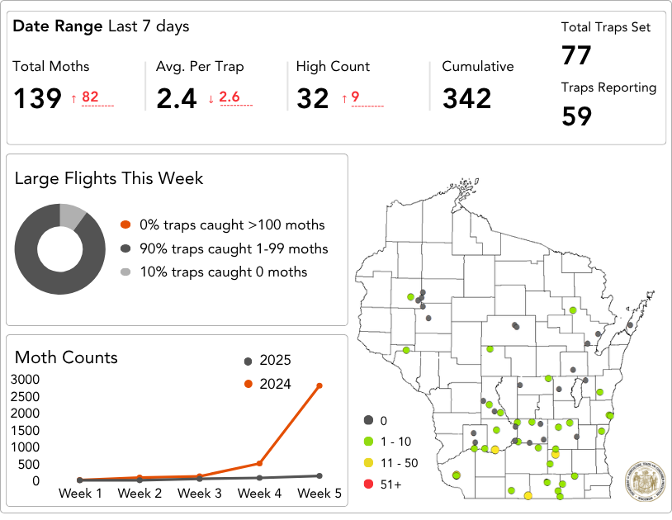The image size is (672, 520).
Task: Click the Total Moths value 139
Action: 37,99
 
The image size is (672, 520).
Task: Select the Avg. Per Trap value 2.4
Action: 177,99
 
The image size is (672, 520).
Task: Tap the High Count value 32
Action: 313,99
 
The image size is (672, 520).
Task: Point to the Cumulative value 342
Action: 466,99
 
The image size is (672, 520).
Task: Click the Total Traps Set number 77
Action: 577,56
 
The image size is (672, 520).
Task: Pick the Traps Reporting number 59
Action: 577,116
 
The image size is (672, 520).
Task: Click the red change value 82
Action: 90,97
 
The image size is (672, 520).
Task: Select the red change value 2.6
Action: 229,97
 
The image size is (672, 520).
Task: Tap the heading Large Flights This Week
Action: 109,178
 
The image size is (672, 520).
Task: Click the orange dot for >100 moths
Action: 125,225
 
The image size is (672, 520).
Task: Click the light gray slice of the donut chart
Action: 73,215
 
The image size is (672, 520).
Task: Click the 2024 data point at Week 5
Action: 319,385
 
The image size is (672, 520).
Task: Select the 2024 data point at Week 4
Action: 259,463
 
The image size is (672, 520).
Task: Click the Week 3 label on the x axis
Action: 199,494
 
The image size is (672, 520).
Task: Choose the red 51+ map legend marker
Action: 369,484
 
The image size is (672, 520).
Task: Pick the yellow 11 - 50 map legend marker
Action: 369,462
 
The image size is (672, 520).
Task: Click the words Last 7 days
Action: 148,26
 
